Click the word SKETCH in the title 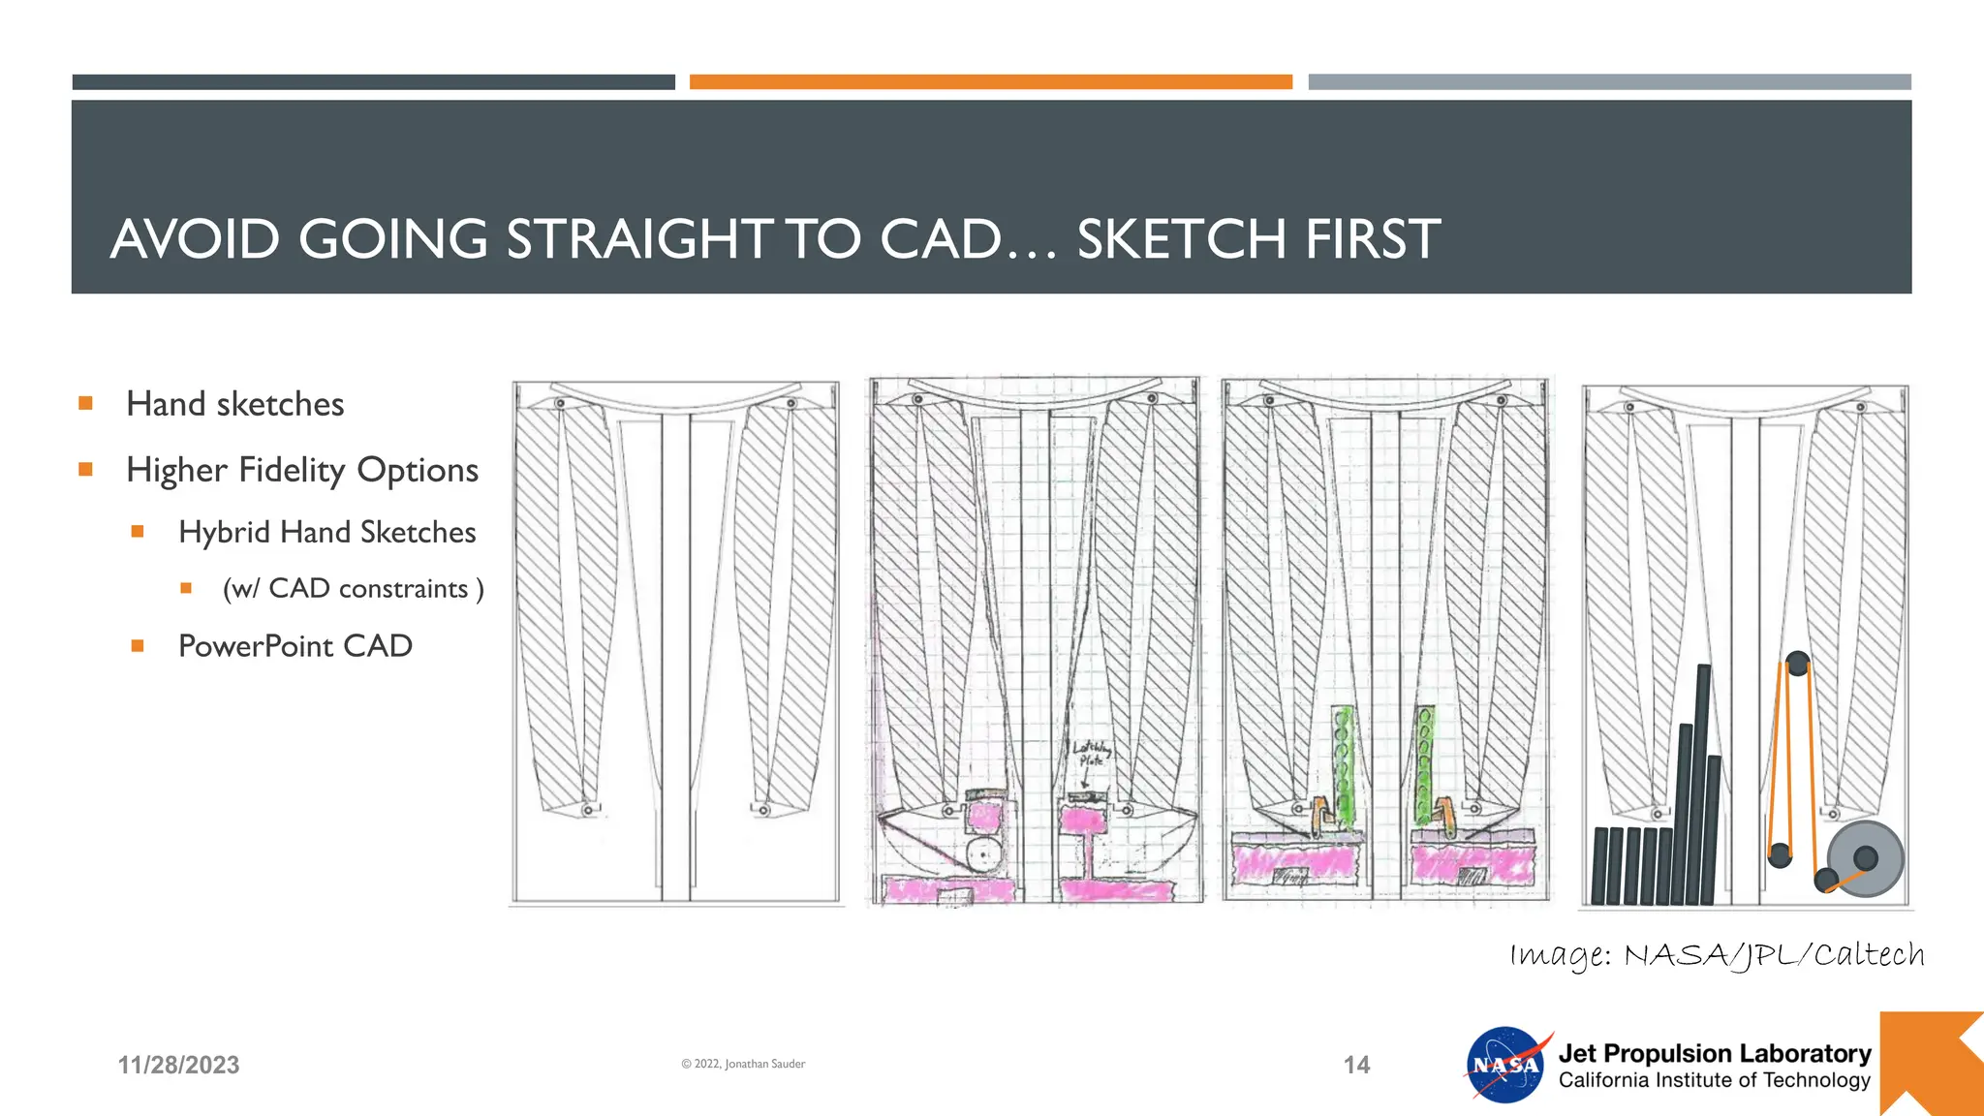(1182, 239)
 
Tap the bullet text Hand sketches (235, 404)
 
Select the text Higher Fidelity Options (302, 470)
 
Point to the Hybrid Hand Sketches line (326, 533)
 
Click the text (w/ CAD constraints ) (353, 589)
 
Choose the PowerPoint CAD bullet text (295, 646)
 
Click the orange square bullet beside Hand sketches (86, 403)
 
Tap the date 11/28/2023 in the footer (178, 1065)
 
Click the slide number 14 (1356, 1065)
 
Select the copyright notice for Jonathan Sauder (743, 1064)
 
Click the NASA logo (1505, 1065)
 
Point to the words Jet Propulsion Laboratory (1714, 1053)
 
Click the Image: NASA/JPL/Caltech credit (1717, 955)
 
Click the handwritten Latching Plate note (1091, 754)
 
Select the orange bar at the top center (990, 82)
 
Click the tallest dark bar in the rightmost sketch (1702, 785)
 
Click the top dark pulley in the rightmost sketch (1797, 664)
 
